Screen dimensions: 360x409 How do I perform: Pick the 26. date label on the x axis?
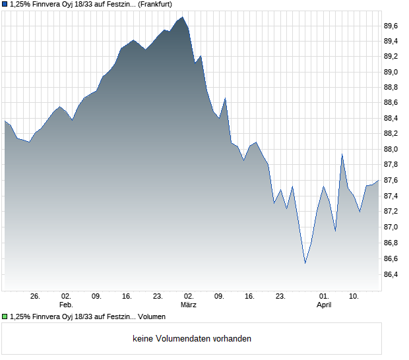tap(36, 297)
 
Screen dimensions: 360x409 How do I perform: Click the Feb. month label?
tap(65, 305)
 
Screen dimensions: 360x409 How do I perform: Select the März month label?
tap(189, 305)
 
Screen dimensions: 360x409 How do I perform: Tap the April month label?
tap(324, 305)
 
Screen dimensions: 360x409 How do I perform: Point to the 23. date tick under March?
tap(280, 297)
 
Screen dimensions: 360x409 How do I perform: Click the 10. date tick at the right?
tap(354, 297)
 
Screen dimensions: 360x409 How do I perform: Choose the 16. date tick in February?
tap(127, 297)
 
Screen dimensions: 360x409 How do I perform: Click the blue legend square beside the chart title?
tap(5, 4)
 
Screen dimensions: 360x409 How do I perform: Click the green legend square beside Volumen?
tap(5, 317)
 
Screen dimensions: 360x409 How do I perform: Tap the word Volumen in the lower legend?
tap(152, 317)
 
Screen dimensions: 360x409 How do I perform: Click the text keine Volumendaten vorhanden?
tap(192, 339)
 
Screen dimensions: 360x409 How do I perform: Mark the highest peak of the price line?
tap(182, 17)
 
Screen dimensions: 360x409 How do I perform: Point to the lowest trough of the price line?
tap(305, 263)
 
